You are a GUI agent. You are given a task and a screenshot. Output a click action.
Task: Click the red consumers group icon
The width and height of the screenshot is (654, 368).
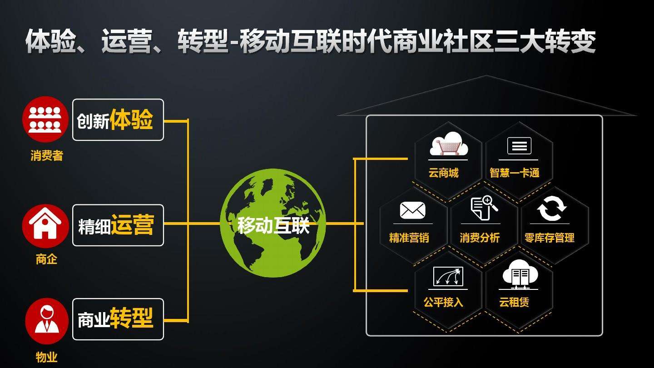tap(45, 119)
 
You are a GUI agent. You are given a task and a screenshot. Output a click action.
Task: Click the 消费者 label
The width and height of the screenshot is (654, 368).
tap(47, 156)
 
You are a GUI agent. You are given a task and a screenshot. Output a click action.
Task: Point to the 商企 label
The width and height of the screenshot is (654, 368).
tap(47, 259)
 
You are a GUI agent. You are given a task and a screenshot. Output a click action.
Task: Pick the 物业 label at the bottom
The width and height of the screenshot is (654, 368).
tap(47, 357)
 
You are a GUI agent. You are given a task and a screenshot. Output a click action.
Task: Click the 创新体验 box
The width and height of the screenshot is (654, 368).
tap(118, 120)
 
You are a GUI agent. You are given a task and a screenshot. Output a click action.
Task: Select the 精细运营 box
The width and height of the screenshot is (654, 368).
tap(118, 225)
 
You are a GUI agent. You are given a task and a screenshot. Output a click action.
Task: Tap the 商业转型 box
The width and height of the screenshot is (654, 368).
tap(118, 319)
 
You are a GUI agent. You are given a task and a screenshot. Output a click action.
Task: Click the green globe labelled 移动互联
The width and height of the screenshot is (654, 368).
tap(273, 224)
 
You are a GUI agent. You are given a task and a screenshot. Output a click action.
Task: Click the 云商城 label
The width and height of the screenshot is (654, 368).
tap(443, 173)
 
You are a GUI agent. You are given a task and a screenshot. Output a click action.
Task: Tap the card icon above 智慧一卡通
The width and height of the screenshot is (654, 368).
tap(519, 146)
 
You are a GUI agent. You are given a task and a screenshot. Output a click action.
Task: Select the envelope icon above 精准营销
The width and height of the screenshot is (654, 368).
tap(412, 210)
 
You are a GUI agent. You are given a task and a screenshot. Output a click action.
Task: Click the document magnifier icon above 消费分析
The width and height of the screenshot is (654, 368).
tap(484, 209)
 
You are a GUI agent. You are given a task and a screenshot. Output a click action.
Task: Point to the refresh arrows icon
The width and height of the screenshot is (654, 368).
tap(552, 209)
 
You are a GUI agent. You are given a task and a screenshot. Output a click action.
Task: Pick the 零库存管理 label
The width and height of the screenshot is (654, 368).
tap(550, 238)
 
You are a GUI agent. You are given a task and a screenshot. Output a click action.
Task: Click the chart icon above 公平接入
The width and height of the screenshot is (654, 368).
tap(448, 276)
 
